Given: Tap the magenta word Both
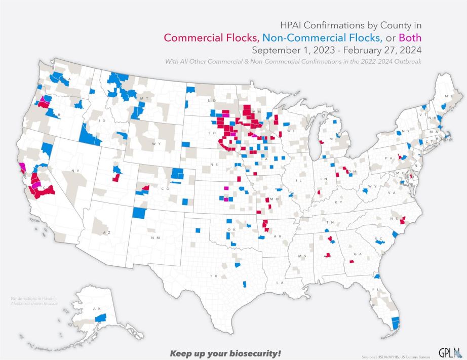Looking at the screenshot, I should (410, 38).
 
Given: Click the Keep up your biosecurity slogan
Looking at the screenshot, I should (225, 352).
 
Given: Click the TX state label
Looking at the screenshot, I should (214, 276).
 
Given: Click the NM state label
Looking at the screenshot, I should (155, 237).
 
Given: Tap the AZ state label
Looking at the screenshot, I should (106, 232).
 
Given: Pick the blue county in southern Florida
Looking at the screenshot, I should (396, 322).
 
